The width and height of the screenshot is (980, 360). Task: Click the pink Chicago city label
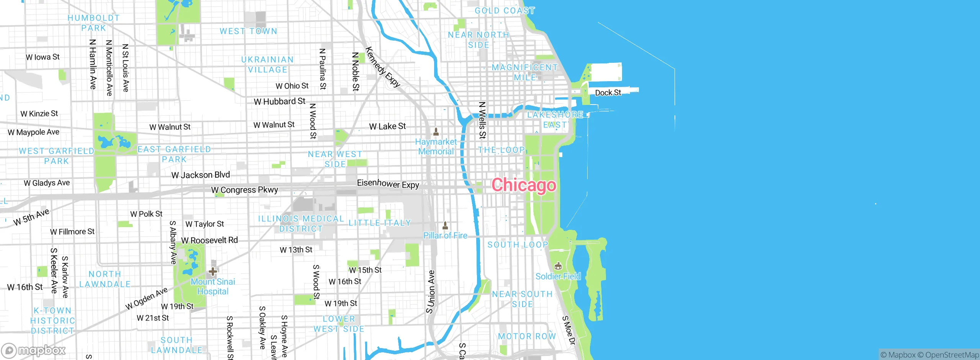point(523,185)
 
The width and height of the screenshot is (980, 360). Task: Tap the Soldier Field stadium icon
point(558,266)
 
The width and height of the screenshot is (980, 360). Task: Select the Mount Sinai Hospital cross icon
point(213,272)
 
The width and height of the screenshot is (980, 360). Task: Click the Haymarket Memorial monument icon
point(436,132)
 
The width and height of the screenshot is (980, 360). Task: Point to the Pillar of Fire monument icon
point(445,225)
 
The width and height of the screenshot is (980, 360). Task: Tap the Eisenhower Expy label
point(388,184)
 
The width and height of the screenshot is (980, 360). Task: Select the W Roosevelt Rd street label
point(209,241)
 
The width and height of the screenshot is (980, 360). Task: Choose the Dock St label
point(608,93)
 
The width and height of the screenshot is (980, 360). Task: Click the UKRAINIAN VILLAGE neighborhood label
point(268,65)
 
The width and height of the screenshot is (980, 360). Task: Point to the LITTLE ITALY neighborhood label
point(379,223)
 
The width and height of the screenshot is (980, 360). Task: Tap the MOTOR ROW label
point(527,336)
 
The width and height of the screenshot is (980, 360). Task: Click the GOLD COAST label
point(505,11)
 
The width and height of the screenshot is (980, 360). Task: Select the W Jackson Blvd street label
point(201,175)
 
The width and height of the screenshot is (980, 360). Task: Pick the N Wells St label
point(482,120)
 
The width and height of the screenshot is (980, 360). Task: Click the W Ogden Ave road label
point(147,298)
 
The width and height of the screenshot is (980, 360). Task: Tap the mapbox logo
point(34,350)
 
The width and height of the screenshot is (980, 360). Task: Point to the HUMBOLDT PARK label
point(93,23)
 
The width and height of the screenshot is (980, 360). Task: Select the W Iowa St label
point(42,57)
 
